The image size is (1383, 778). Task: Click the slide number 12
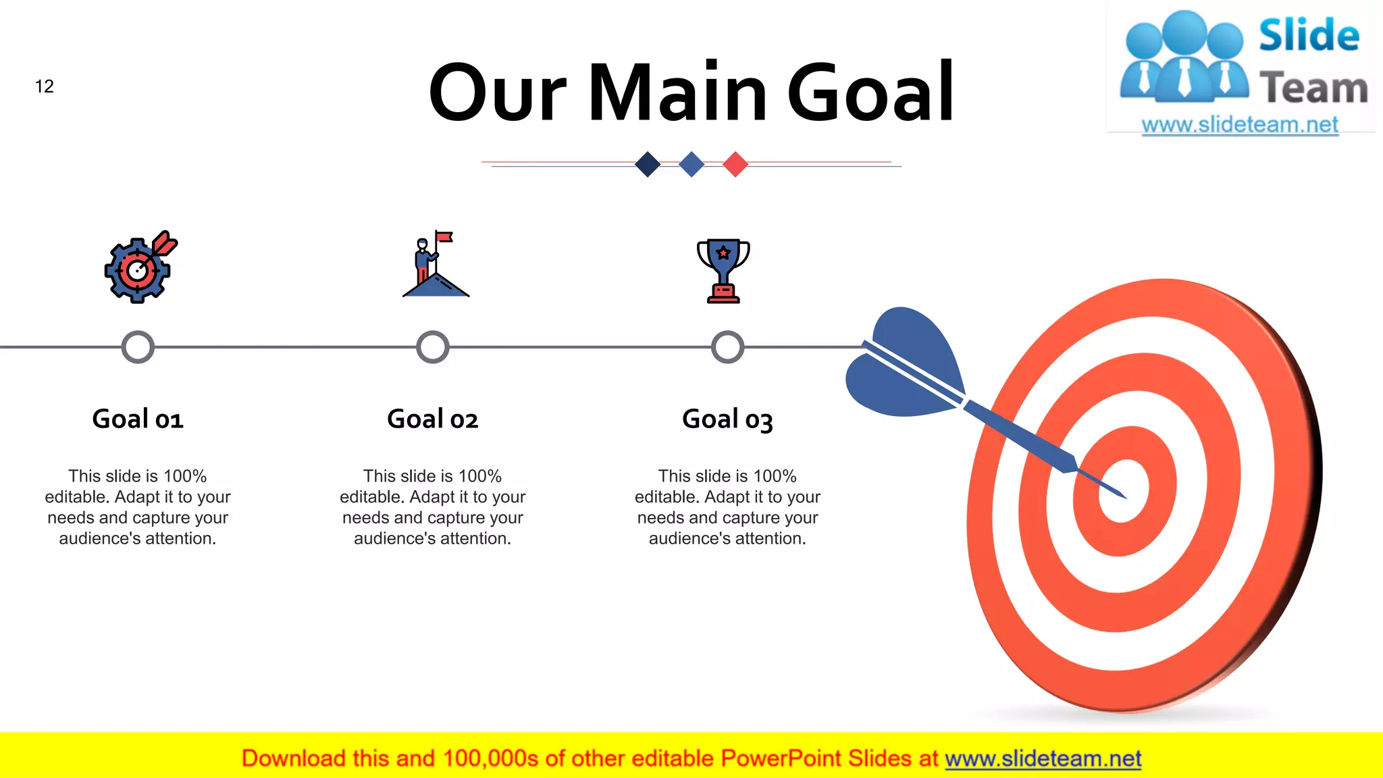click(45, 86)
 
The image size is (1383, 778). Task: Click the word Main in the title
click(677, 93)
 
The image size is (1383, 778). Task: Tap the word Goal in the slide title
click(870, 93)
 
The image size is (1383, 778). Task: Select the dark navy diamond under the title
click(648, 164)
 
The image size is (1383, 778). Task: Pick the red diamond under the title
click(735, 164)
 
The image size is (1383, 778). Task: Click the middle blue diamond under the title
click(691, 164)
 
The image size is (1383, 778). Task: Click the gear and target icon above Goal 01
click(138, 269)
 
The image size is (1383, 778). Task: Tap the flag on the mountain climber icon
click(444, 237)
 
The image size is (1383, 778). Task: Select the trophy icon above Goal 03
click(723, 270)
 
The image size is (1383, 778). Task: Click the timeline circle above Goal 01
click(138, 347)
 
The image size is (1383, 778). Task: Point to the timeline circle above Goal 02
click(433, 347)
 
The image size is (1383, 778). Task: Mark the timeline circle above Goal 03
click(727, 347)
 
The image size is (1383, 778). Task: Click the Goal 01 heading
click(138, 419)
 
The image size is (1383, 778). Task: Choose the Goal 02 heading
click(433, 419)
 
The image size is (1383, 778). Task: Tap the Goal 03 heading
click(727, 419)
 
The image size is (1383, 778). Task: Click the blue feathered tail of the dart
click(905, 365)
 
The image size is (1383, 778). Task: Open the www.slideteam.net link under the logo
click(1240, 125)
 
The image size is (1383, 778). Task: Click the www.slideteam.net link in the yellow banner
click(1043, 758)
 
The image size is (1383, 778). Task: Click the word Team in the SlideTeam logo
click(1313, 88)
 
